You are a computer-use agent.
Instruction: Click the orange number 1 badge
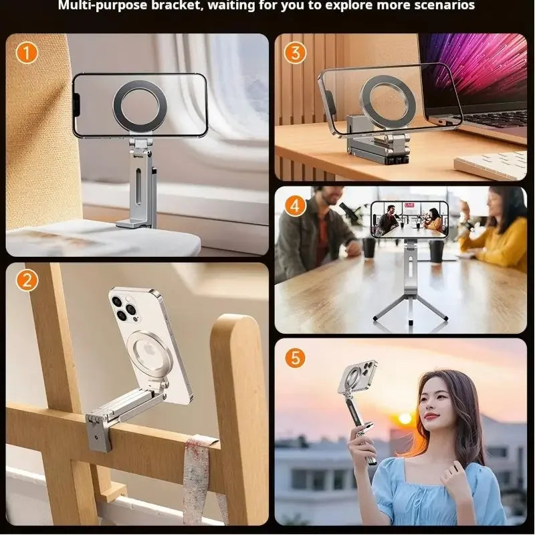(27, 52)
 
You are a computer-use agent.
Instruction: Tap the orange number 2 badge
(27, 281)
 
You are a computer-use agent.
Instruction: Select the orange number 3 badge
(295, 52)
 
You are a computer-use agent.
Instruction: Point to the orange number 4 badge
(295, 205)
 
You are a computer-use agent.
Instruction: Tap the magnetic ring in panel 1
(140, 105)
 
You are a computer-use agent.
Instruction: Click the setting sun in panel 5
(405, 419)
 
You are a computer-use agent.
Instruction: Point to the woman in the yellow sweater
(495, 231)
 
